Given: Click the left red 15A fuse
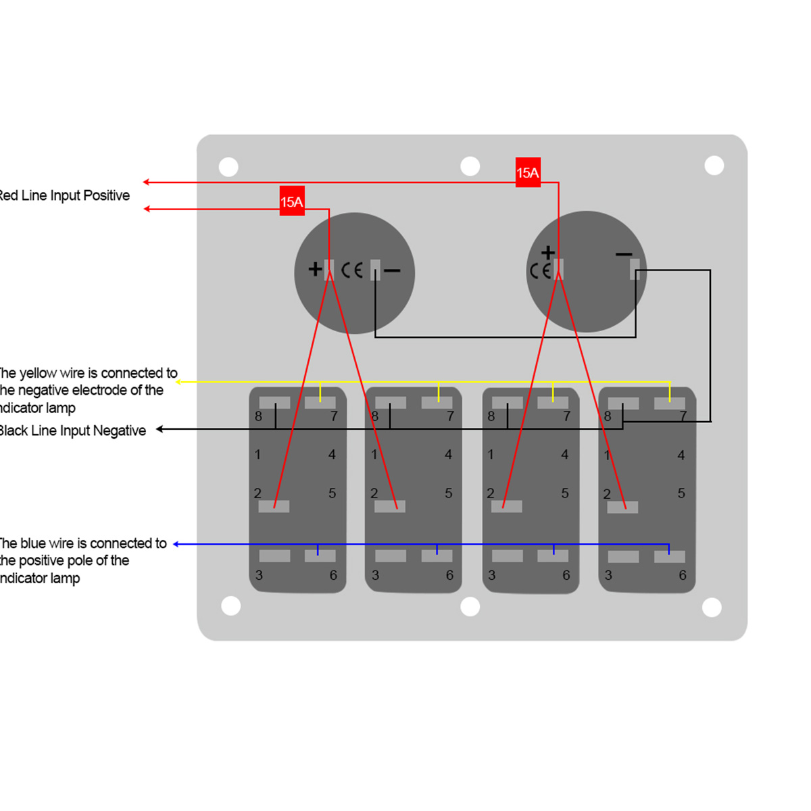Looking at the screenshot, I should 292,201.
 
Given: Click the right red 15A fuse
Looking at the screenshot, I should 528,173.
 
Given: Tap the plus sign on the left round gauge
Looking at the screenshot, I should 315,269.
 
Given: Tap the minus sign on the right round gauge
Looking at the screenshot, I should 624,254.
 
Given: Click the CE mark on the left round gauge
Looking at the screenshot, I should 352,270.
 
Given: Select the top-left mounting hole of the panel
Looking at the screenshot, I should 228,167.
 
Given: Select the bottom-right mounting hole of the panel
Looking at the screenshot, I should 712,607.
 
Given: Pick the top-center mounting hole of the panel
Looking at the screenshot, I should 470,166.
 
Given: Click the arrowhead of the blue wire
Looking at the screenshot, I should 176,544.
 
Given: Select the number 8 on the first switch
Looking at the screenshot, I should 258,416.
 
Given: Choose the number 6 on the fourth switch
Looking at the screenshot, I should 683,575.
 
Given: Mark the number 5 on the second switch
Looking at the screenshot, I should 448,493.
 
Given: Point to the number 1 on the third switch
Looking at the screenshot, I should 491,455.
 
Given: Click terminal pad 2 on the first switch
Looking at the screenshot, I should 274,506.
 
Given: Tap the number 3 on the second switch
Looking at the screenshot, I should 375,575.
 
